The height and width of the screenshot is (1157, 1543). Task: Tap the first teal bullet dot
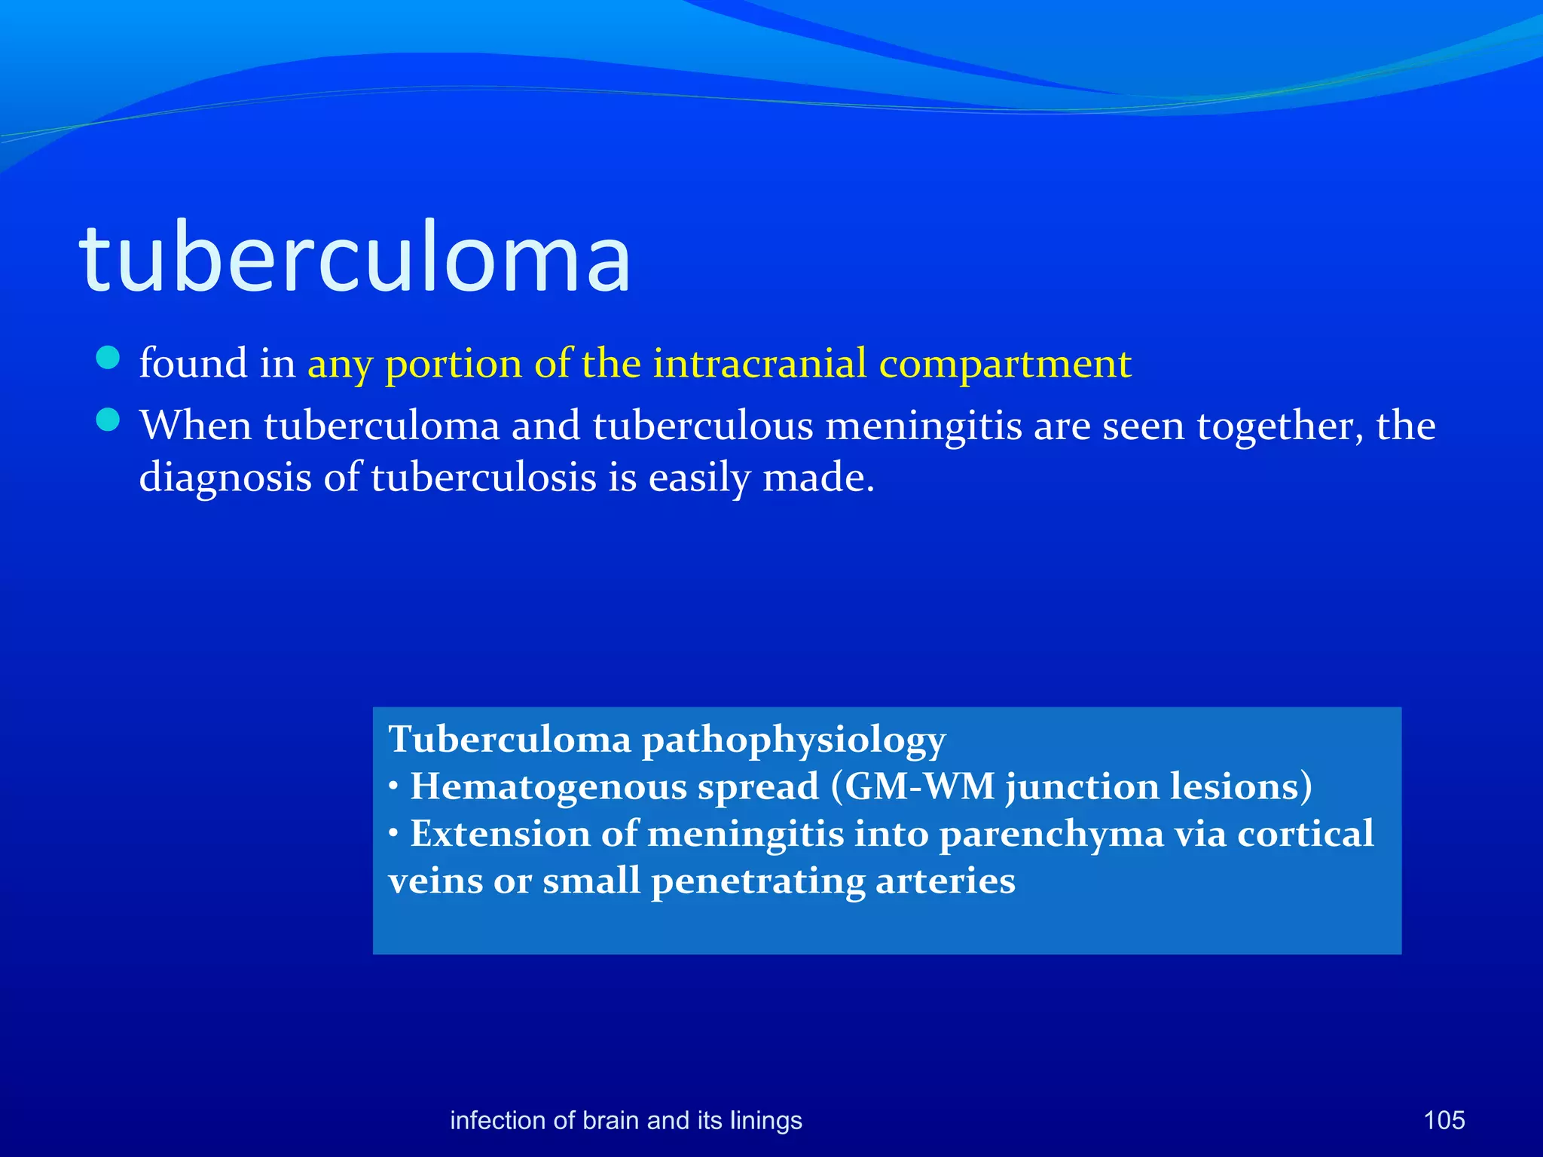(108, 359)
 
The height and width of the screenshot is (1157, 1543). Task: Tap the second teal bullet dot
(108, 420)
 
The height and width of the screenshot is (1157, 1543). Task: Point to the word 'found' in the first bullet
(193, 364)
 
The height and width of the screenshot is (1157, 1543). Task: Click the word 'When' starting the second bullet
(195, 426)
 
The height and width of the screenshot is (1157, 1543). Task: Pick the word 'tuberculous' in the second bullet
(702, 426)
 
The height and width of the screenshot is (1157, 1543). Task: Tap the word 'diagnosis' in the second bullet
(225, 478)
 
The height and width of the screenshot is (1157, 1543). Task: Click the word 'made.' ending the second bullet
(818, 478)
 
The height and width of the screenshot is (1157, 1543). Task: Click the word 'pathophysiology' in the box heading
(793, 740)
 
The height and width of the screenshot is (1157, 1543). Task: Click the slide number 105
(1444, 1120)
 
